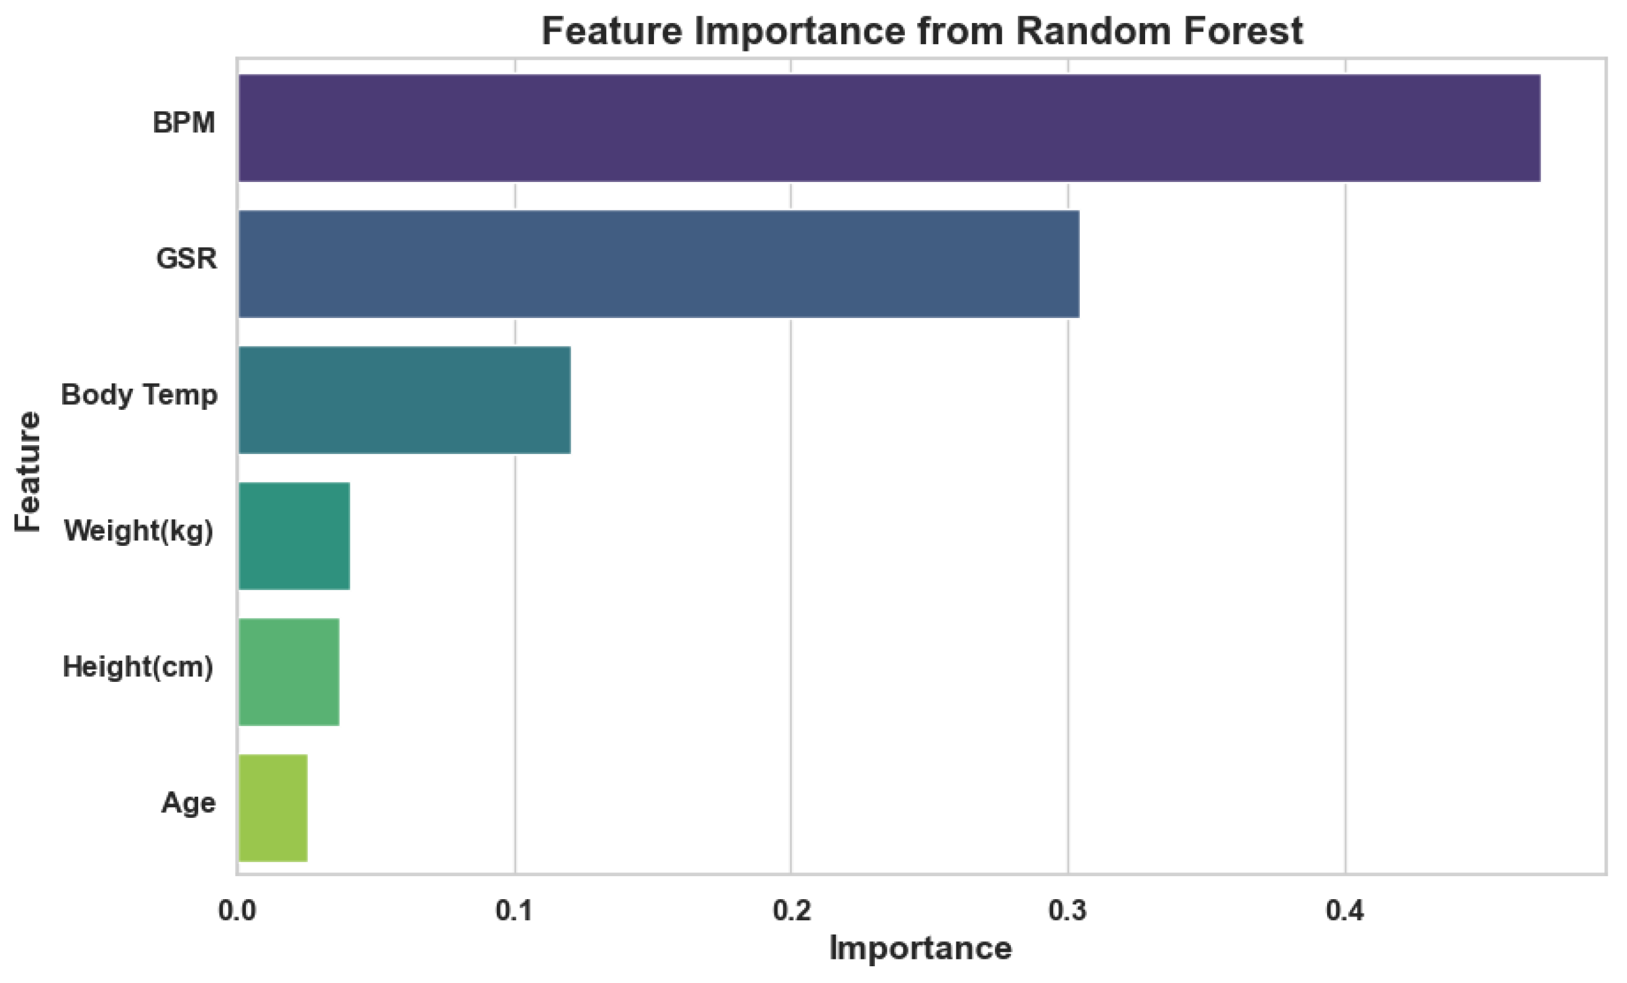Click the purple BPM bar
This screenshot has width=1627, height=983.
(x=889, y=127)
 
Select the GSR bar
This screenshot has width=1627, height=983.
(x=658, y=264)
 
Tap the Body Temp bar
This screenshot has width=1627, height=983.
(x=404, y=400)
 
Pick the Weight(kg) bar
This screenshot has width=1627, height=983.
(x=294, y=536)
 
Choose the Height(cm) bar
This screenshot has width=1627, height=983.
(x=289, y=672)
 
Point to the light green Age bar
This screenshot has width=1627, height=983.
(x=273, y=808)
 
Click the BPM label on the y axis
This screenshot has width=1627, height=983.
(x=184, y=123)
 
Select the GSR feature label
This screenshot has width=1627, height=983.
(x=186, y=259)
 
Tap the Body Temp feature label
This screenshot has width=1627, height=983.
(x=139, y=395)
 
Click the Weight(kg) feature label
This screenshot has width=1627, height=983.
(x=138, y=532)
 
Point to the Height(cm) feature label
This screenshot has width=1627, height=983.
(x=138, y=668)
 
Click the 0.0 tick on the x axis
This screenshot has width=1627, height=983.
(x=237, y=911)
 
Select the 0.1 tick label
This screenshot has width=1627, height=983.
(x=514, y=911)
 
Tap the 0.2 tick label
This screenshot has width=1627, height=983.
(x=791, y=911)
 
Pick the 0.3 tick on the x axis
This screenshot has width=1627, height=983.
(x=1067, y=911)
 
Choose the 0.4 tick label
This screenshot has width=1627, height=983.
(x=1345, y=911)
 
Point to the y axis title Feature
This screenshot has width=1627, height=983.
(x=28, y=471)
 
